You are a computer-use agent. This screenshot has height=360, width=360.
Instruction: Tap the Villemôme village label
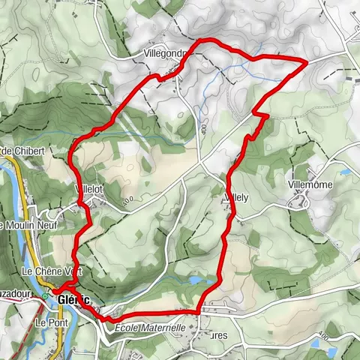(x=310, y=184)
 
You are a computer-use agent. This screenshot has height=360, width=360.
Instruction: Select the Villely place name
(x=235, y=198)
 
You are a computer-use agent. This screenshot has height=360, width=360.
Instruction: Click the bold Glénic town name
(x=75, y=300)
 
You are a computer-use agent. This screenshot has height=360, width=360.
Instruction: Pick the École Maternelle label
(x=150, y=328)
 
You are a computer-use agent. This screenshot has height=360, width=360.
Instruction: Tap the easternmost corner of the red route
(x=306, y=60)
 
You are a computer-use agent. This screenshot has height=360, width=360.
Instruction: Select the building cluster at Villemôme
(x=303, y=198)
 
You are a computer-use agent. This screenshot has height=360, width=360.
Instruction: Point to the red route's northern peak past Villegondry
(x=201, y=39)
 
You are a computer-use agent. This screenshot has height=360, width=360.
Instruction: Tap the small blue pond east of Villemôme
(x=346, y=172)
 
